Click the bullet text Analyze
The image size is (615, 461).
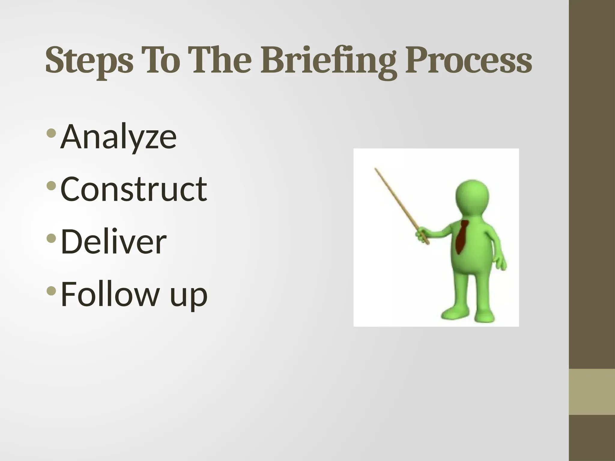click(118, 137)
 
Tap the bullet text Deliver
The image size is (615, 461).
click(114, 241)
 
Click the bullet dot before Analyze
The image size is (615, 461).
click(51, 133)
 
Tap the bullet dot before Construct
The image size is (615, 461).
click(51, 185)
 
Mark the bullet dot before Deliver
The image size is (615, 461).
click(51, 238)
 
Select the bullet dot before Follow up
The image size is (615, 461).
click(51, 291)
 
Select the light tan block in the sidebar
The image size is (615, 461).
click(592, 392)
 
